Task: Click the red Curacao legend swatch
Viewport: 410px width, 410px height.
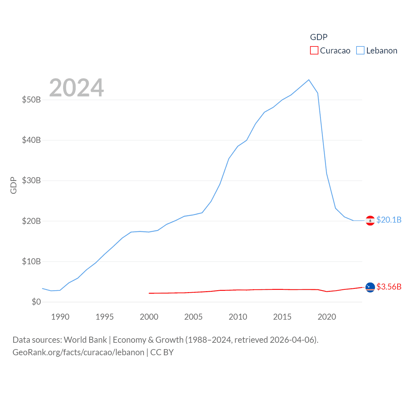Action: click(314, 51)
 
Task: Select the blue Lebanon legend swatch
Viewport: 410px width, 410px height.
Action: click(360, 51)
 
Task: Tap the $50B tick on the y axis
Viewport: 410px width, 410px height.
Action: click(31, 100)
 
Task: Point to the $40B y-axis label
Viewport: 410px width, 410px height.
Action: click(31, 140)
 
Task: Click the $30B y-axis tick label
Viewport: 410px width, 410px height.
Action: click(31, 180)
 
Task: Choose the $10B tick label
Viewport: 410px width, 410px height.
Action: click(31, 261)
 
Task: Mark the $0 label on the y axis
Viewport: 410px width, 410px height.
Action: click(36, 302)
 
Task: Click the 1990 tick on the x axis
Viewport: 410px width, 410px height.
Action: click(60, 317)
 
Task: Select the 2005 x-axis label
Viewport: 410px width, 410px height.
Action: click(193, 317)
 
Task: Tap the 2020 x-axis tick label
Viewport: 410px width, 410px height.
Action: click(327, 317)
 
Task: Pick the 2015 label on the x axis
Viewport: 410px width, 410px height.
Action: click(282, 317)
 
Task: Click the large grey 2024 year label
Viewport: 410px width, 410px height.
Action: click(77, 87)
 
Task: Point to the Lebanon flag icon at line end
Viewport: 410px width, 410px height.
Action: click(370, 220)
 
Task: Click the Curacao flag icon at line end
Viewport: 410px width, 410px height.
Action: click(370, 287)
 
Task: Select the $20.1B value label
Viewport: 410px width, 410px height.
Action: click(389, 220)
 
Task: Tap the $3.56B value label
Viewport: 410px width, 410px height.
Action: click(389, 287)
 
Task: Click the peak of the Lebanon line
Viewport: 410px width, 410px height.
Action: click(309, 80)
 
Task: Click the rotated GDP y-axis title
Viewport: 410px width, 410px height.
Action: click(13, 185)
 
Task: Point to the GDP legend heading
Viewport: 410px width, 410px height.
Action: click(319, 37)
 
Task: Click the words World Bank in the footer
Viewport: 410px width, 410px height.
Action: click(85, 340)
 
